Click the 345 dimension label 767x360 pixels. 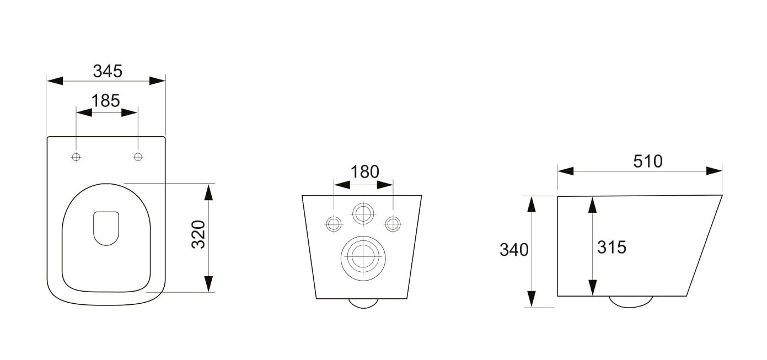[x=108, y=71]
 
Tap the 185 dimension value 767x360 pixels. [x=106, y=100]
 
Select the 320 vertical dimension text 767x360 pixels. [x=199, y=234]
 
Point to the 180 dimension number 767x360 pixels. [x=364, y=172]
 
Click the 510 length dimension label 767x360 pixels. [x=648, y=161]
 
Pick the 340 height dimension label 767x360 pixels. [x=514, y=250]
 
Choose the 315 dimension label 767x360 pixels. [x=612, y=247]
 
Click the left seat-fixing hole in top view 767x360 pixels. [x=76, y=157]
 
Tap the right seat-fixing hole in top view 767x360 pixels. [x=138, y=157]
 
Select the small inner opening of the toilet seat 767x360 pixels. [x=106, y=228]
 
